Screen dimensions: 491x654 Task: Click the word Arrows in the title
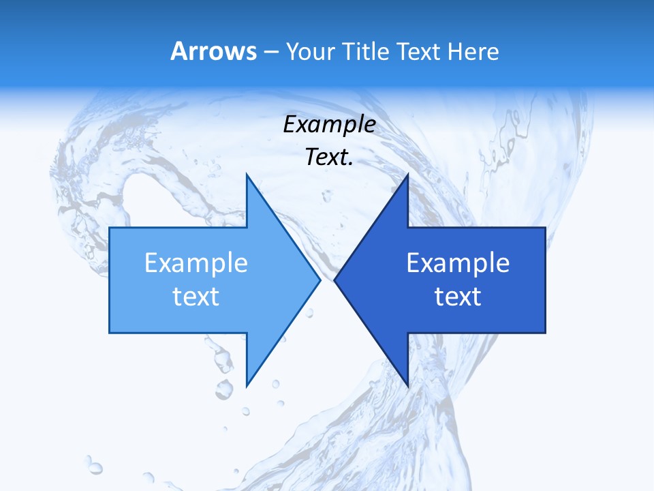[214, 51]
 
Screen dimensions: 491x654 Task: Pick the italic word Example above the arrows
[329, 125]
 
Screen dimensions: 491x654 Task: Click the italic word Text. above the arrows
[329, 158]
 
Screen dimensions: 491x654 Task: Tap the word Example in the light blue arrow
[196, 263]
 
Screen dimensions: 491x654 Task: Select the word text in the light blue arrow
[196, 297]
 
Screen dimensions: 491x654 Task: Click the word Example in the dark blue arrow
[458, 263]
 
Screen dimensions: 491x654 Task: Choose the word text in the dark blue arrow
[458, 297]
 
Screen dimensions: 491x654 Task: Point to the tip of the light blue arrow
[320, 280]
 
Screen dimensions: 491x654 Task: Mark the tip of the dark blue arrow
[334, 280]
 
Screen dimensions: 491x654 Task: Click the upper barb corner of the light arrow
[247, 175]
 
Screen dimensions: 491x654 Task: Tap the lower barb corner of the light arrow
[247, 385]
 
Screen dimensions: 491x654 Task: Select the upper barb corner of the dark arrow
[407, 175]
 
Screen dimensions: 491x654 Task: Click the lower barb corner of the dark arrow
[407, 385]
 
